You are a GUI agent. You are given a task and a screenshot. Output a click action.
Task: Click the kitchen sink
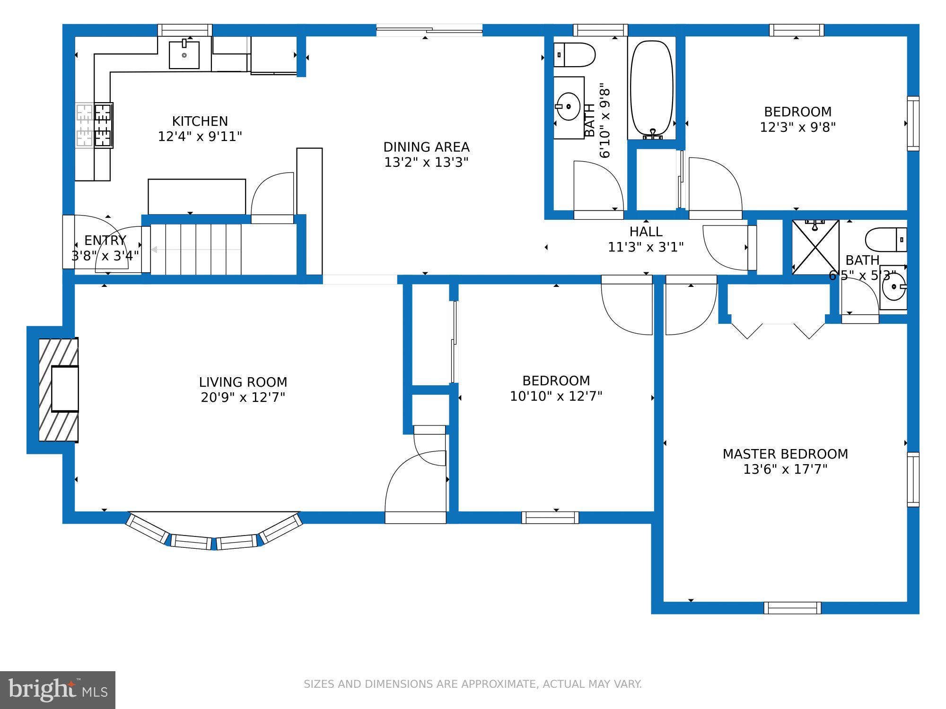coord(184,54)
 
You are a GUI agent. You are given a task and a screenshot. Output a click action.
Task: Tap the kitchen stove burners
coord(94,125)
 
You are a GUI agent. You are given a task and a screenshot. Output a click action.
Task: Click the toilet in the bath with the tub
coord(574,55)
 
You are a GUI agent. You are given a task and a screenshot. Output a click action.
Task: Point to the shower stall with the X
coord(815,247)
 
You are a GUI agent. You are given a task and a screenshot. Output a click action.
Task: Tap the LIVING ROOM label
coord(243,382)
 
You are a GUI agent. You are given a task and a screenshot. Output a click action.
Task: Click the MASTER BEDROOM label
coord(785,454)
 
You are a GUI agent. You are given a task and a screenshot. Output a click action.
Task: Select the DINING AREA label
coord(426,147)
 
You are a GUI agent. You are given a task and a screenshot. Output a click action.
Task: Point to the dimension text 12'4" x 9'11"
coord(200,137)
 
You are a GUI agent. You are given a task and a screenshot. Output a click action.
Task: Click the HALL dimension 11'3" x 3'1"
coord(646,247)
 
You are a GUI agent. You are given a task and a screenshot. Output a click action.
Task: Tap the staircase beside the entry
coord(196,249)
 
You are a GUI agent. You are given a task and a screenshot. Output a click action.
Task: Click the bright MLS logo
coord(58,690)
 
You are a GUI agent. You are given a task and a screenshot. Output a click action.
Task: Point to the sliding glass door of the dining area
coord(429,30)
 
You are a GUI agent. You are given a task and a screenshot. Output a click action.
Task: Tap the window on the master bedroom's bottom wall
coord(792,608)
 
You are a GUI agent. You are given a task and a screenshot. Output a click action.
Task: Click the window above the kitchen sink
coord(184,30)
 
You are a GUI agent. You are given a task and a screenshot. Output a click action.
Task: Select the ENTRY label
coord(105,240)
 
